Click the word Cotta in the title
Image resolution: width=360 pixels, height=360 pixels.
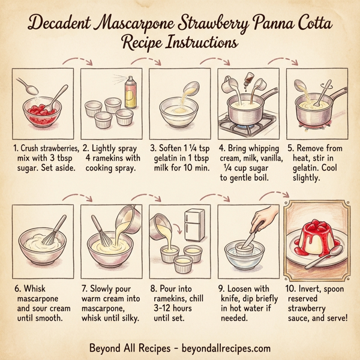point(308,25)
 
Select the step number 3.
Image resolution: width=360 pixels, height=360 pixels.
point(152,147)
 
